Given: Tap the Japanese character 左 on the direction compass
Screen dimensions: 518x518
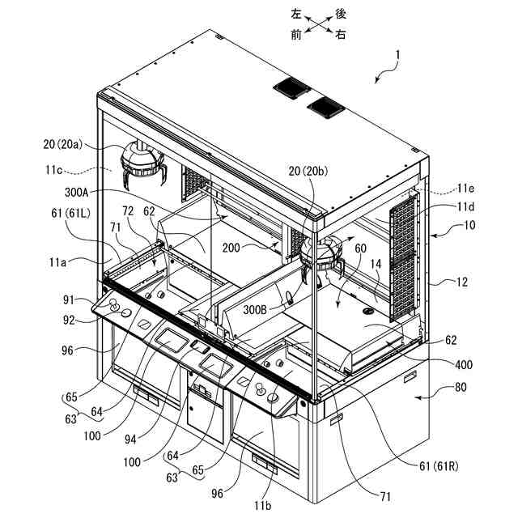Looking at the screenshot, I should (296, 14).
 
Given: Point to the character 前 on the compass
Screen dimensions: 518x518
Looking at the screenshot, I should (296, 36).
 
